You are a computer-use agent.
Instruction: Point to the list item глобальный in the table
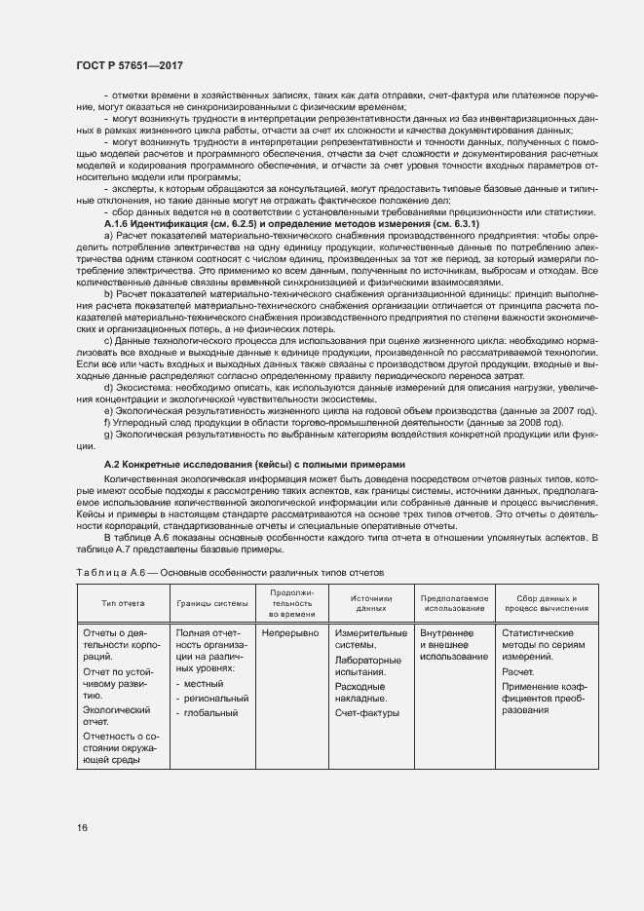click(210, 713)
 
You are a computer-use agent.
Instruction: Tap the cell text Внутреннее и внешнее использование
click(453, 645)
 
